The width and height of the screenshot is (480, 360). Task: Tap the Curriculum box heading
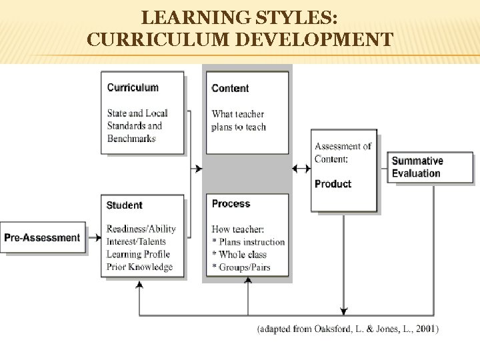tap(133, 87)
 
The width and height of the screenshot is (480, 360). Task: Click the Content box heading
tap(230, 88)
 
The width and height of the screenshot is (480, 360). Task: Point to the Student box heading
tap(125, 205)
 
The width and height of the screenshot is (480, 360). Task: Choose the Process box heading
tap(231, 204)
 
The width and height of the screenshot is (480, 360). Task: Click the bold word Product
tap(333, 184)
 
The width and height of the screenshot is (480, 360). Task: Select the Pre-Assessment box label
tap(42, 237)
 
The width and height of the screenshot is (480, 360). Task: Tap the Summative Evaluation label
tap(417, 167)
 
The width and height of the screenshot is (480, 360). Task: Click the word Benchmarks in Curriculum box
tap(131, 139)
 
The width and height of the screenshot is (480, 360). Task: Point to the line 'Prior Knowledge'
tap(139, 267)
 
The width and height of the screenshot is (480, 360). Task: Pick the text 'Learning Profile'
tap(138, 254)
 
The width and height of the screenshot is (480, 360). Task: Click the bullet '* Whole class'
tap(239, 255)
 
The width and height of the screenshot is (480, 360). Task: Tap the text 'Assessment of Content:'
tap(343, 152)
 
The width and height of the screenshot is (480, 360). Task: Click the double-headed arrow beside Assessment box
tap(301, 169)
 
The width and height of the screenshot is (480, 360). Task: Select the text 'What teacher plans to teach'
tap(239, 120)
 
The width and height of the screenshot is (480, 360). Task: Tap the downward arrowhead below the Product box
tap(343, 310)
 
